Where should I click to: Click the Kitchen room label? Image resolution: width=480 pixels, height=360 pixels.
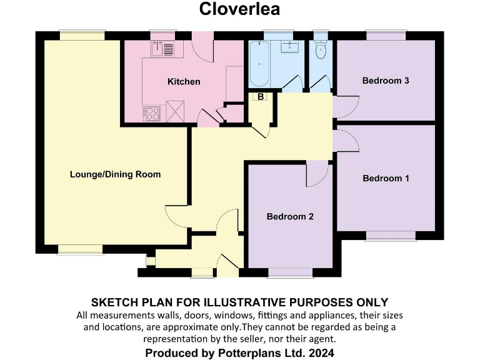[184, 82]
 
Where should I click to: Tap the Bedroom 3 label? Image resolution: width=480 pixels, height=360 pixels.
[386, 81]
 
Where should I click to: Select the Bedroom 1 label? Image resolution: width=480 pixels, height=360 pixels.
[386, 178]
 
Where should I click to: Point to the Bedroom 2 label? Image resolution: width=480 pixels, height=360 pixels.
[290, 217]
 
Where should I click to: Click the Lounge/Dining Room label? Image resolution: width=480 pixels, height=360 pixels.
[115, 174]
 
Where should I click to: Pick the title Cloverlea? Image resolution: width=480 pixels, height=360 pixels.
[239, 9]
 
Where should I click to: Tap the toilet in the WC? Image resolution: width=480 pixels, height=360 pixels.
[321, 51]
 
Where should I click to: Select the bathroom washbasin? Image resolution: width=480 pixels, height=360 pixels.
[289, 47]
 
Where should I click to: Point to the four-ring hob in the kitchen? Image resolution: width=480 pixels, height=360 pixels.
[152, 113]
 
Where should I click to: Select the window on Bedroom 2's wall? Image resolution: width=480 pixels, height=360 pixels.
[290, 272]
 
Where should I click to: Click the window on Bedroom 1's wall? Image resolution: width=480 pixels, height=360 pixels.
[391, 236]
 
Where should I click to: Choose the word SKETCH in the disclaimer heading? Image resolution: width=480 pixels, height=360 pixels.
[116, 302]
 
